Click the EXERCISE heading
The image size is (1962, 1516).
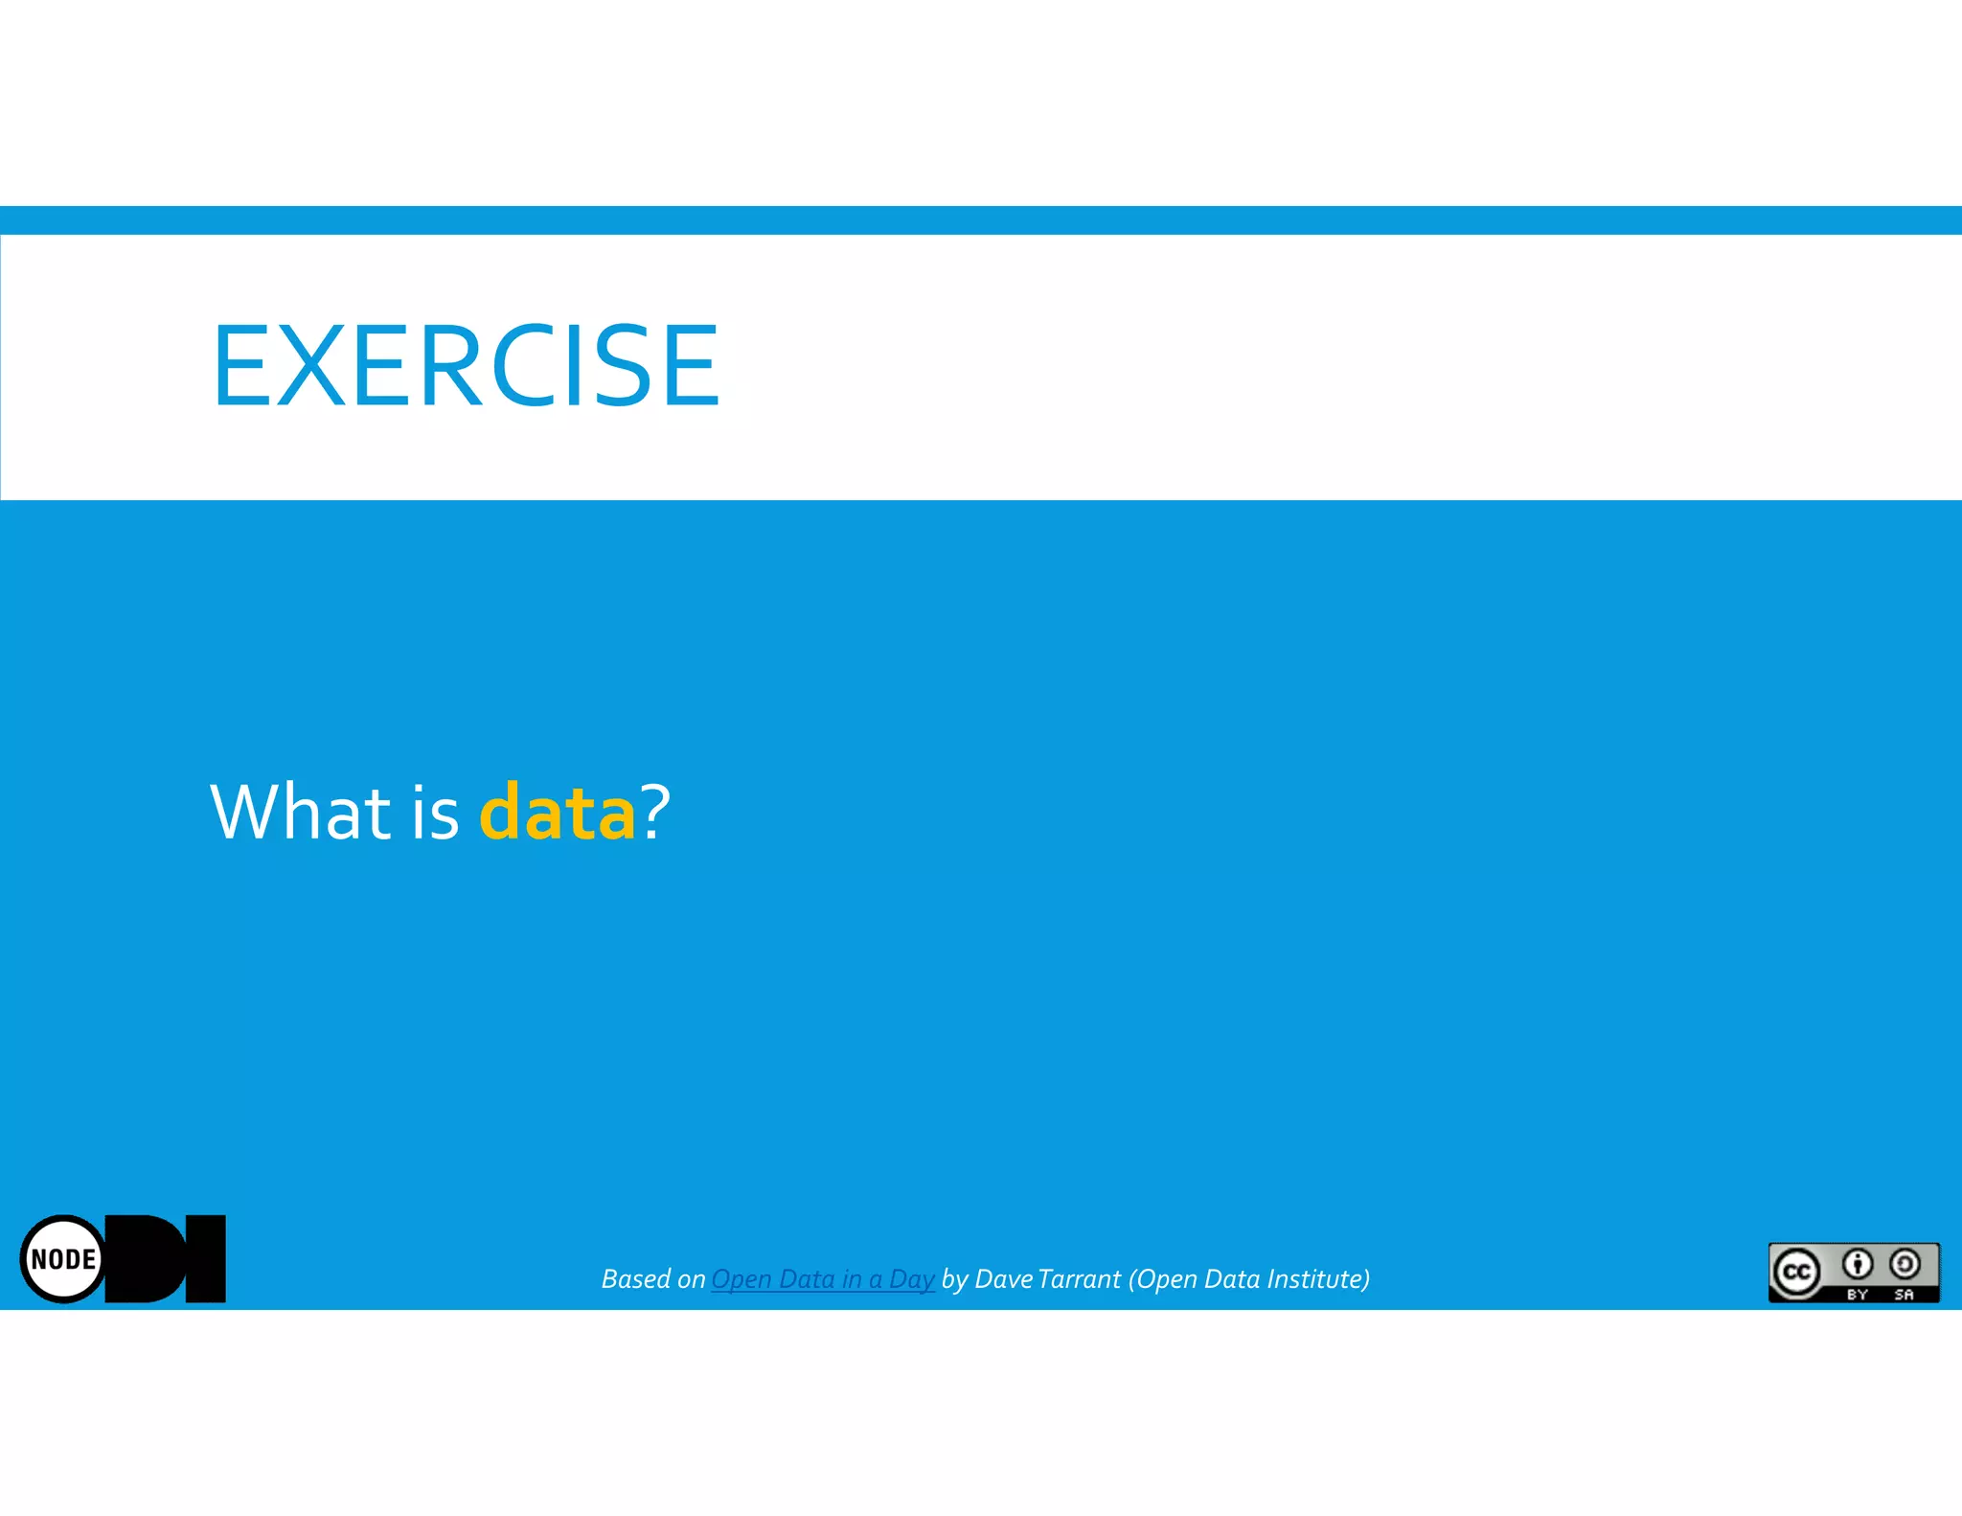point(466,366)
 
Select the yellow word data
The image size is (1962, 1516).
point(557,813)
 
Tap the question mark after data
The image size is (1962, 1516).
point(655,813)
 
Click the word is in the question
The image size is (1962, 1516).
point(436,813)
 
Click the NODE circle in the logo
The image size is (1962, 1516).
point(63,1258)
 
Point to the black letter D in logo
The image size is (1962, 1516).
point(148,1258)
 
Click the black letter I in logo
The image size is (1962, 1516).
point(205,1258)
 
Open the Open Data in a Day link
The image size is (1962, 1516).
point(822,1279)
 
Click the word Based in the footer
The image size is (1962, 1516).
point(636,1279)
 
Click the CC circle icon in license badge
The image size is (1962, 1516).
point(1796,1272)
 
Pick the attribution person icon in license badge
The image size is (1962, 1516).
point(1858,1265)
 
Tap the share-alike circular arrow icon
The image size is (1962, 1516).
point(1905,1265)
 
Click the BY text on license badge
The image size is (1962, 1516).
point(1858,1295)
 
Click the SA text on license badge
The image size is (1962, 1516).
point(1904,1295)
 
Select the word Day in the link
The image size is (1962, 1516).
point(911,1279)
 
